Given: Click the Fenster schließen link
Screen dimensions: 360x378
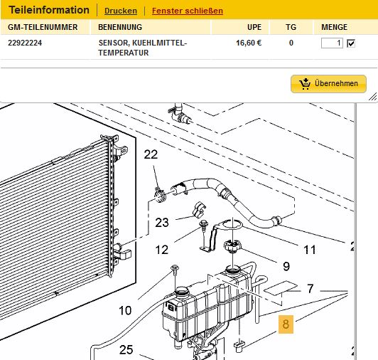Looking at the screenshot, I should pyautogui.click(x=187, y=11).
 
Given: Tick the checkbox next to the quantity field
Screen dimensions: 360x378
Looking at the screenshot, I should pyautogui.click(x=350, y=43).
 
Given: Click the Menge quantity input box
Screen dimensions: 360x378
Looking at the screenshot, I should pyautogui.click(x=332, y=43).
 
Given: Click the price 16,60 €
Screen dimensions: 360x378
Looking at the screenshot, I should pyautogui.click(x=249, y=43).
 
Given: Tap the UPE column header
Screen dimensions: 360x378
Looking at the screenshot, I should pyautogui.click(x=254, y=28).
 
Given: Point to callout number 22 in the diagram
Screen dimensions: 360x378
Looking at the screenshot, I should pyautogui.click(x=151, y=154).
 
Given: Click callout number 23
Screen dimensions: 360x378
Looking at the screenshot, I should pyautogui.click(x=162, y=223).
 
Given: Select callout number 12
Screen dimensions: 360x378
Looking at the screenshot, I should pyautogui.click(x=162, y=250).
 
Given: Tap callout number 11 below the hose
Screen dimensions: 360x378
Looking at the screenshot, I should pyautogui.click(x=310, y=250).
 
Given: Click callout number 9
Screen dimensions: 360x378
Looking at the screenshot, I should pyautogui.click(x=286, y=267).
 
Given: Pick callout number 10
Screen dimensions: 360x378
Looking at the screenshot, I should pyautogui.click(x=125, y=310).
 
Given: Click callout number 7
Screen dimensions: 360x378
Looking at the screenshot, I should pyautogui.click(x=310, y=290).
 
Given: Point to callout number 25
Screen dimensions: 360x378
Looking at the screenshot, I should pyautogui.click(x=126, y=350).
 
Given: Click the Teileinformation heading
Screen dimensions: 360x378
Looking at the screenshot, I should pyautogui.click(x=48, y=11).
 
